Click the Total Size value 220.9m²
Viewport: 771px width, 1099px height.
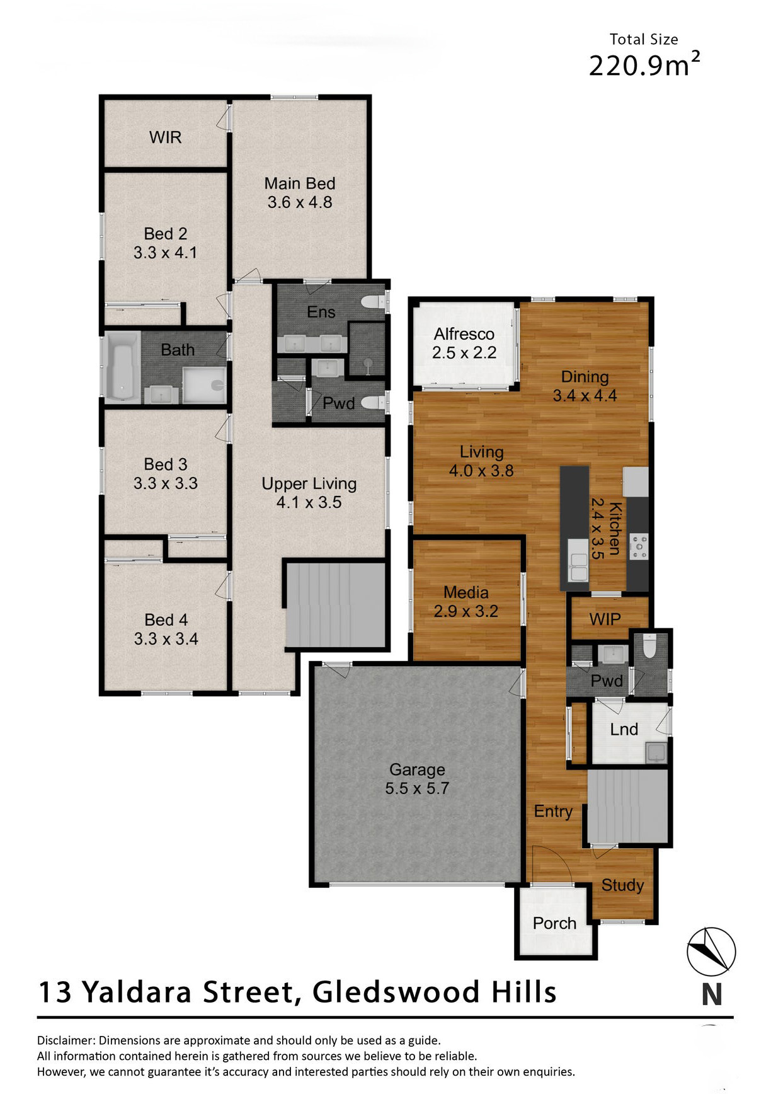pos(644,64)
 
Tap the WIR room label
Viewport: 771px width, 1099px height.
pos(165,137)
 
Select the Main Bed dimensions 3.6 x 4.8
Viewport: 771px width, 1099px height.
pos(300,202)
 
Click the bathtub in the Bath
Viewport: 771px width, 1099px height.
pos(122,367)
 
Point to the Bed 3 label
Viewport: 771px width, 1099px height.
pos(166,464)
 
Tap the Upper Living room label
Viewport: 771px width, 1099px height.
pos(309,484)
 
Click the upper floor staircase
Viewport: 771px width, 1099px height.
pos(335,605)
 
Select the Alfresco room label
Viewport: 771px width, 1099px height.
pos(464,334)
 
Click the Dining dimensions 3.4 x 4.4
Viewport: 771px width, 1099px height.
pos(585,396)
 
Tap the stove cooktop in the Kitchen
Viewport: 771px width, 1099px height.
pos(639,546)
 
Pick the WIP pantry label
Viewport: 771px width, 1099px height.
pos(605,619)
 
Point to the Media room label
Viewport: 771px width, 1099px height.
pos(466,592)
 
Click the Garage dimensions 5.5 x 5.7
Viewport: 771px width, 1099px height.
pos(417,788)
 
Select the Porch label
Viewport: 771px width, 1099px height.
pos(554,923)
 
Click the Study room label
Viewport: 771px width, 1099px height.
pos(622,885)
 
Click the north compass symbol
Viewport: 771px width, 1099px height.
pos(711,952)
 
